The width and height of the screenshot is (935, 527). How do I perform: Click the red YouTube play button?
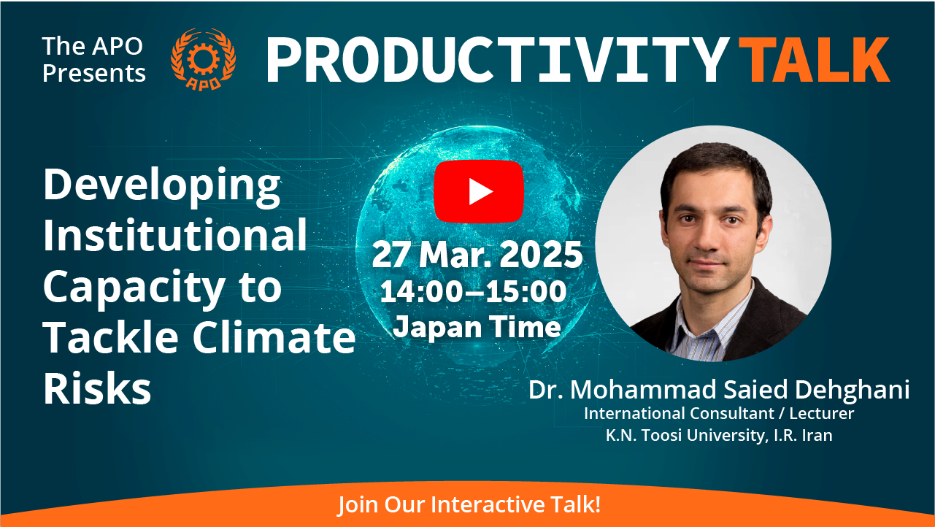pos(479,191)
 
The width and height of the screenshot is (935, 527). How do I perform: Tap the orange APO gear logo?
pos(204,59)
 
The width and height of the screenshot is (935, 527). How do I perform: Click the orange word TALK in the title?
pos(814,59)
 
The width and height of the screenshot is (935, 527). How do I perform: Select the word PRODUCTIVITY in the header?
pos(497,59)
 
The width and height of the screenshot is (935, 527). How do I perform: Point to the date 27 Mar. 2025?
pos(477,254)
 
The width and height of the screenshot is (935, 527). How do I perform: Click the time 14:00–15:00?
pos(473,291)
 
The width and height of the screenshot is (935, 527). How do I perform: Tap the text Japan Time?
pos(477,327)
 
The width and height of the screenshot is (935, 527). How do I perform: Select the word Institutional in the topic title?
pos(175,234)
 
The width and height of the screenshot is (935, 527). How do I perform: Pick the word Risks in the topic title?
pos(97,388)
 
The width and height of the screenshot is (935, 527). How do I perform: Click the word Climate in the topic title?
pos(274,336)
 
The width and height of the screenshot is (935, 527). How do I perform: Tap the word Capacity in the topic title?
pos(134,288)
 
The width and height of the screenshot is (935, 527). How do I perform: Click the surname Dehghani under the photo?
pos(852,391)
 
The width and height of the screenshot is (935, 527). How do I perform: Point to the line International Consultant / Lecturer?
pos(719,413)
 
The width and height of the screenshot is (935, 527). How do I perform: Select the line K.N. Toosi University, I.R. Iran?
pos(719,435)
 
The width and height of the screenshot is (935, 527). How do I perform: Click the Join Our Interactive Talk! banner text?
pos(469,504)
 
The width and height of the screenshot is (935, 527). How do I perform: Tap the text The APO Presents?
pos(94,59)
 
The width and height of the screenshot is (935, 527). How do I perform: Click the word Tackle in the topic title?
pos(111,336)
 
